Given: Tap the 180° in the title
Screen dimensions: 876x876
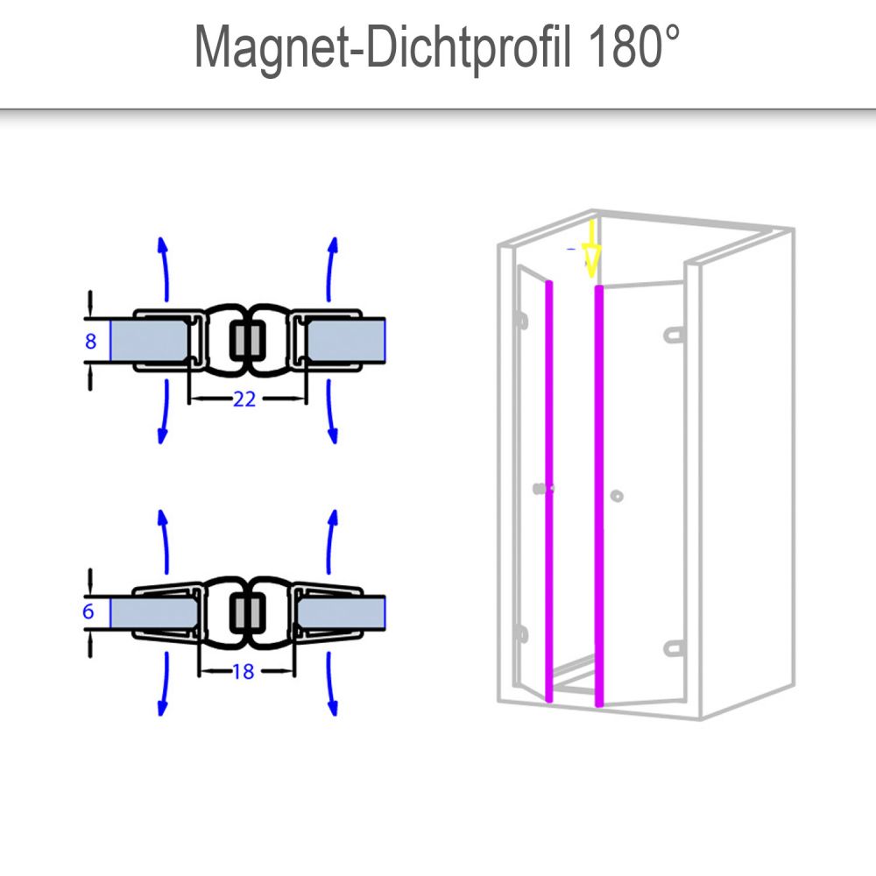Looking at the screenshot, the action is tap(633, 47).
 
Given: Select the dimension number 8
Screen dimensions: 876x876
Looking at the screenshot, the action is tap(90, 341).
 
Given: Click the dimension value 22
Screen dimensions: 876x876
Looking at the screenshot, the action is tap(244, 399).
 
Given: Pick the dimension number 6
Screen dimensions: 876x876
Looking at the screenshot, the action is tap(88, 611).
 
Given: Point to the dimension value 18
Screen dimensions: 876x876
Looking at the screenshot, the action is tap(244, 671).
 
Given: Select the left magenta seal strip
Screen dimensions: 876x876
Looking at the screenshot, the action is tap(548, 491).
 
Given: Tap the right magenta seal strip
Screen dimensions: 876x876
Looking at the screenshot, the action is tap(599, 496).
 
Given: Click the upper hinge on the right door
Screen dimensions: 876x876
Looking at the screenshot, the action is tap(674, 335).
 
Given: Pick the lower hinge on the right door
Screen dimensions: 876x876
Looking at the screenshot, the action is tap(674, 648).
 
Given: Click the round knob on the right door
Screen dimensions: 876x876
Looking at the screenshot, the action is tap(617, 496).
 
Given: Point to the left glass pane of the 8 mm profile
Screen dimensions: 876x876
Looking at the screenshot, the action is tap(149, 341).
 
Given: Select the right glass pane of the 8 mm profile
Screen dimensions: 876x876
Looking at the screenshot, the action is tap(345, 341).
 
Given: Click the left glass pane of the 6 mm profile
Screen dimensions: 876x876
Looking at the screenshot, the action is tap(154, 611).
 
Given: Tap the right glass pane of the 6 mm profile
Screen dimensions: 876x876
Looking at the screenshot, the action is tap(341, 611).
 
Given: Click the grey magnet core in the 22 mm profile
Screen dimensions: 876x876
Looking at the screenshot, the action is tap(248, 340).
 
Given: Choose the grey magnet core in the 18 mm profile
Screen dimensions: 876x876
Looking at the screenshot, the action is tap(248, 612).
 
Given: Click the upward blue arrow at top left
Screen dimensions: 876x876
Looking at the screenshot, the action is tap(165, 269).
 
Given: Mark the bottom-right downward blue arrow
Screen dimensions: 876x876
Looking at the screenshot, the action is tap(332, 684).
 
